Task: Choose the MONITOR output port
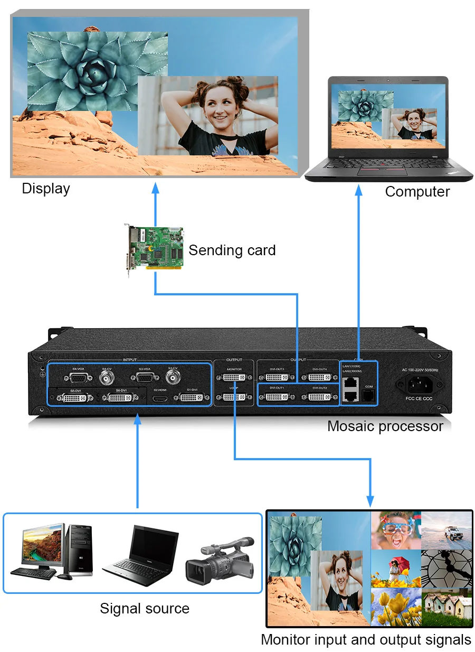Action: [233, 378]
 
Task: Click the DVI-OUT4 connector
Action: [320, 378]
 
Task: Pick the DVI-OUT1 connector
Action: [277, 396]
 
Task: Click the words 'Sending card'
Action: [232, 250]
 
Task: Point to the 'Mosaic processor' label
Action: [385, 426]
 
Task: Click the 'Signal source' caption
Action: [145, 608]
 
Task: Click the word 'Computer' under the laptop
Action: [417, 191]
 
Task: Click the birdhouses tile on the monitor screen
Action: [446, 607]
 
